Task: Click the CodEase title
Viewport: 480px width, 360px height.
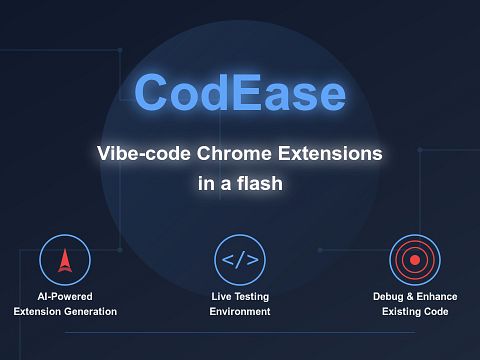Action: point(240,93)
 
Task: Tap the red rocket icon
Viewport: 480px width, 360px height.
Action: point(65,261)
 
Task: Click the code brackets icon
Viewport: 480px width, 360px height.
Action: point(240,261)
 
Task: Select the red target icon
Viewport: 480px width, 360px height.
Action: point(415,261)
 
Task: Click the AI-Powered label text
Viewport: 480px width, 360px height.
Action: point(65,297)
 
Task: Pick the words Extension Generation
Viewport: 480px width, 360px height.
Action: point(65,312)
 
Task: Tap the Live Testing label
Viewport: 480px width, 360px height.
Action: point(240,297)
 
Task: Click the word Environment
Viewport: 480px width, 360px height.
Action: point(240,312)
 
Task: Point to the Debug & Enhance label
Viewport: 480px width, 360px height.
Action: point(415,297)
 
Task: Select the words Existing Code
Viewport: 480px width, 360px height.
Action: point(415,312)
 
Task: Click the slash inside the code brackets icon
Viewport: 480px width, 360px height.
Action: point(240,261)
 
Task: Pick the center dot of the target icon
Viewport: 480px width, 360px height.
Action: point(415,261)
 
